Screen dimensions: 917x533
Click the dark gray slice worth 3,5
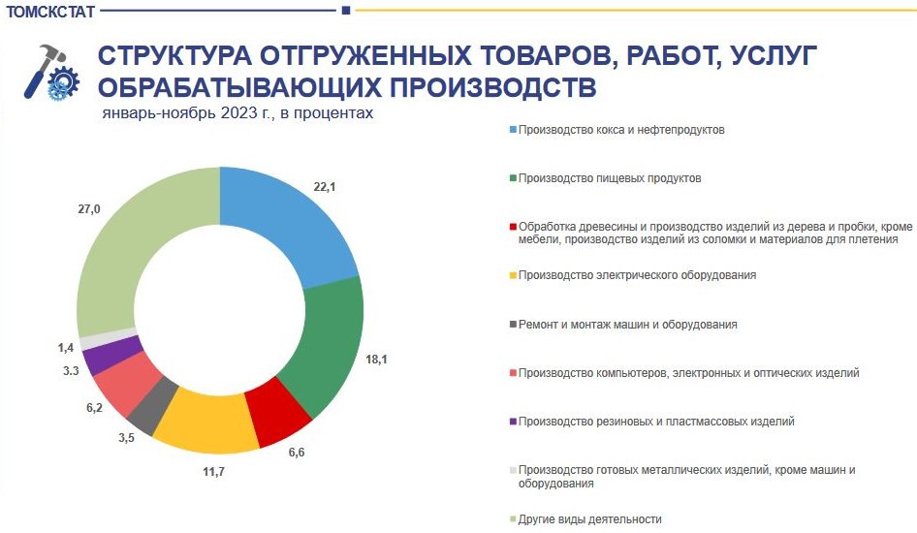coord(151,407)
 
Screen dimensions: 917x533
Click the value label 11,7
coord(214,472)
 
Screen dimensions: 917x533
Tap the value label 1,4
coord(66,348)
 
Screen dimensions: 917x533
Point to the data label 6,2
coord(94,408)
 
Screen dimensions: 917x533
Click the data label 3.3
coord(71,371)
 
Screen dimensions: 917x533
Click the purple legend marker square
coord(513,422)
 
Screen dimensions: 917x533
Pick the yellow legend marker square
coord(513,275)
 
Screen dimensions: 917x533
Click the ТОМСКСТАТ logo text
coord(50,12)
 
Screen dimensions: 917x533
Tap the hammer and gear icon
coord(51,72)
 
